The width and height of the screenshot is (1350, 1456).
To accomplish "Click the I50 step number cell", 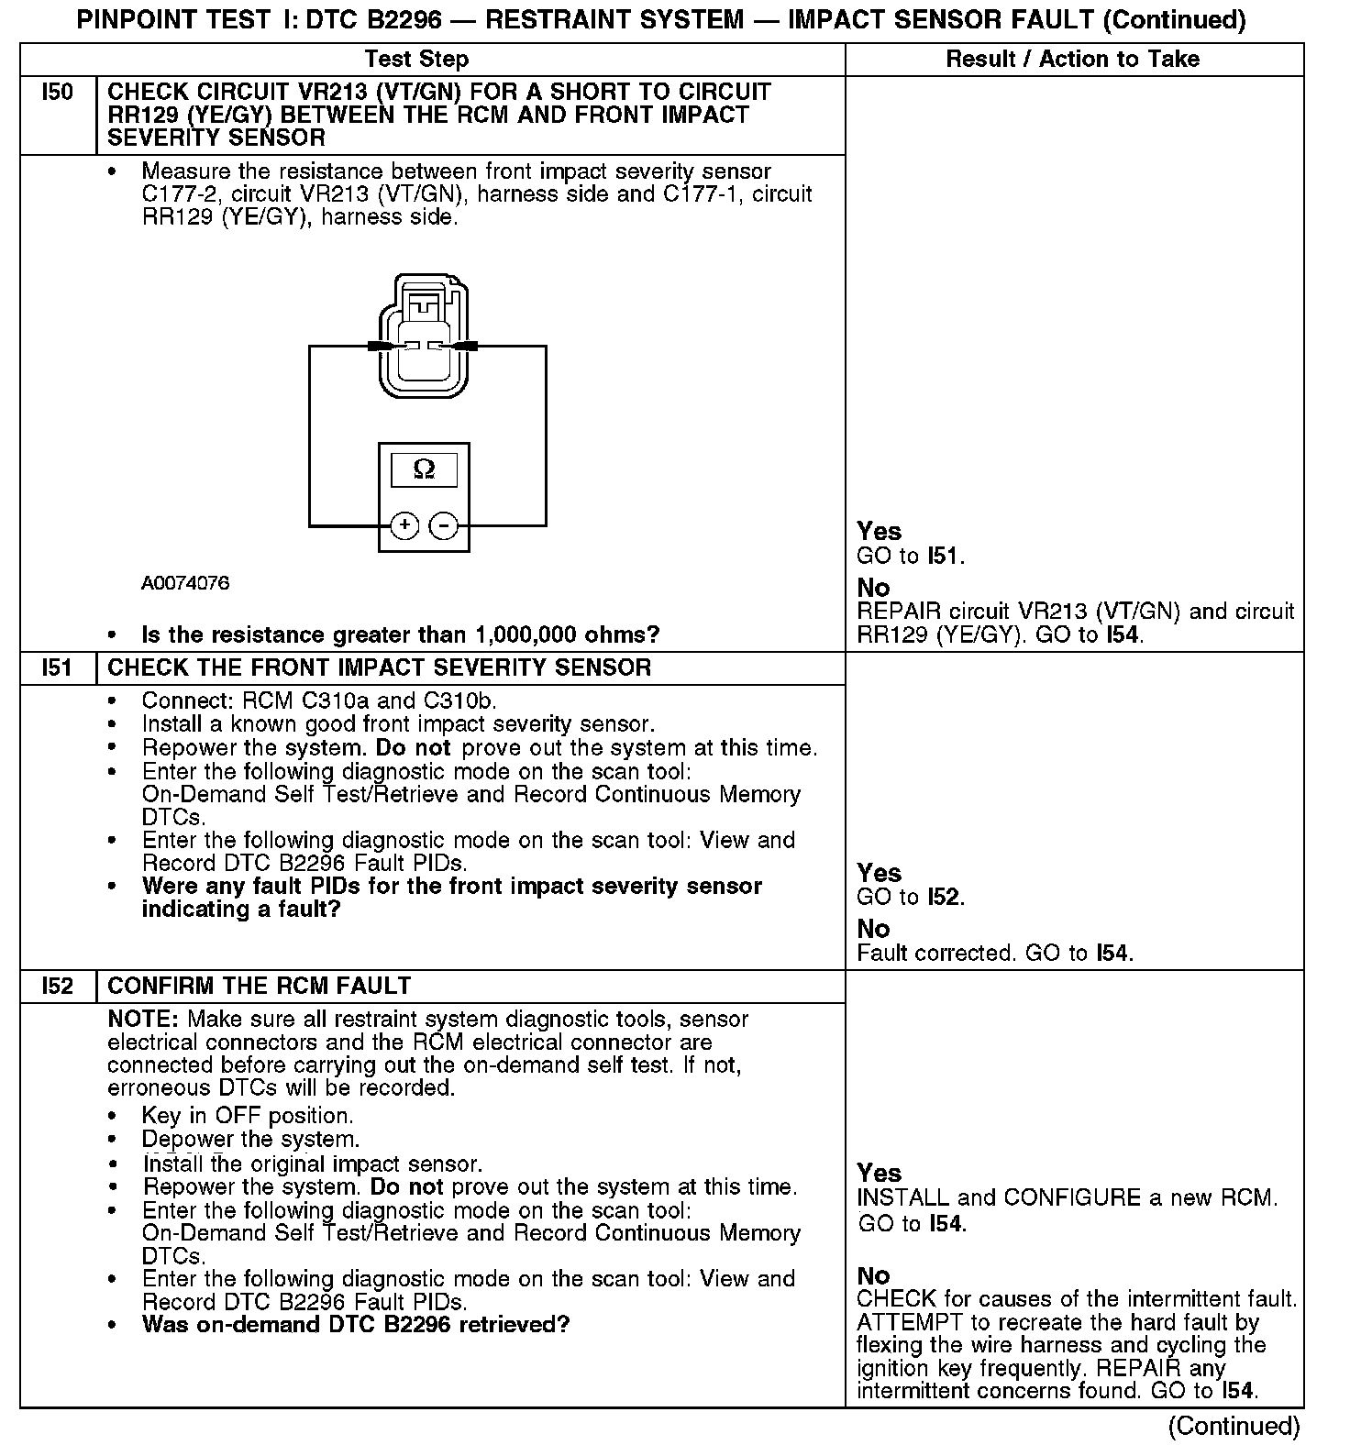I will tap(57, 93).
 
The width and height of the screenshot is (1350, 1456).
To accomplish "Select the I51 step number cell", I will tap(57, 667).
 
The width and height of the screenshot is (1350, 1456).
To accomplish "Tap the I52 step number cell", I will tap(57, 986).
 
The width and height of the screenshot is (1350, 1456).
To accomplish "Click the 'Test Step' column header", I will tap(416, 60).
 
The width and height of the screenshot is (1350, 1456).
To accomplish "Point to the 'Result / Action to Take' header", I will tap(1072, 60).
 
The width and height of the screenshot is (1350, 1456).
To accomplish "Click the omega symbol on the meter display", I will tap(424, 469).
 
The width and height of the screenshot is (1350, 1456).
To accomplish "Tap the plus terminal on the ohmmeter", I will tap(404, 525).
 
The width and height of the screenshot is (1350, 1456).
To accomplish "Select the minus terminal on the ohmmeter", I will tap(444, 525).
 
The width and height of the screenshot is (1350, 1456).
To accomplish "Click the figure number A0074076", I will tap(185, 583).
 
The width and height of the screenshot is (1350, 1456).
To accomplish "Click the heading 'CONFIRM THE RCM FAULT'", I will tap(260, 986).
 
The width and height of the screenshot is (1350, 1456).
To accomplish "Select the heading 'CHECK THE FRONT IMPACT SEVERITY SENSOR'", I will tap(379, 667).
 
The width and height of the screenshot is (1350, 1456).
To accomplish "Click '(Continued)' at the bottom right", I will tap(1234, 1426).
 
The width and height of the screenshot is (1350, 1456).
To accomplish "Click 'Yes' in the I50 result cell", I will tap(879, 531).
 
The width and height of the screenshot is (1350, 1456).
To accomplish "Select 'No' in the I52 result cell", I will tap(874, 1275).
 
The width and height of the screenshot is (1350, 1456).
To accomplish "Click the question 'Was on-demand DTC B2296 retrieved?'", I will tap(356, 1325).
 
